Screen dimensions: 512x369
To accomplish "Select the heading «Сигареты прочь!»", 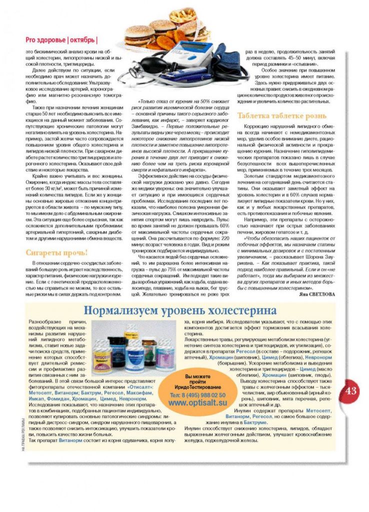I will (57, 252).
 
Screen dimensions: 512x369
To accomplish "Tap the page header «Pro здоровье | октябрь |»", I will (62, 40).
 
